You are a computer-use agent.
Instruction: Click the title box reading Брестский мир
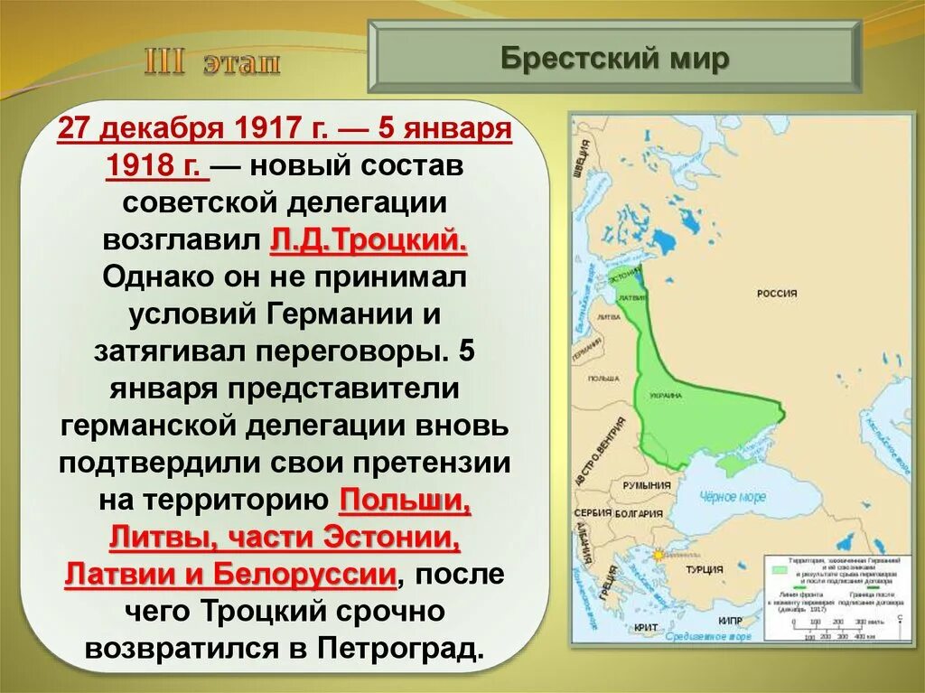[614, 59]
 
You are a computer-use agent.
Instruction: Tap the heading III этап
[212, 65]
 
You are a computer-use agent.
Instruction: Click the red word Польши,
[406, 500]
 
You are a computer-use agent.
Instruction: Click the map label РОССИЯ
[777, 294]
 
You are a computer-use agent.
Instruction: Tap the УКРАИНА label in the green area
[665, 396]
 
